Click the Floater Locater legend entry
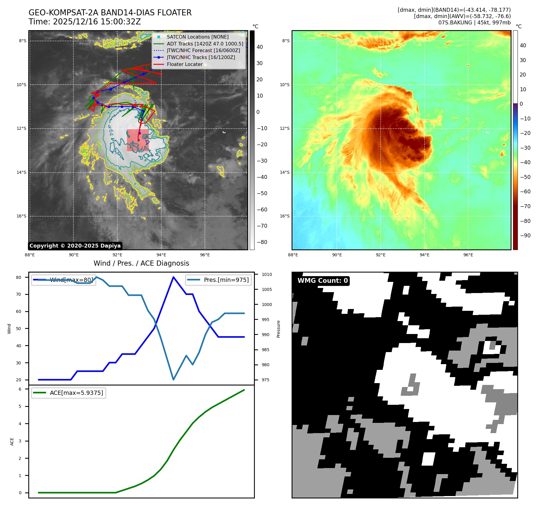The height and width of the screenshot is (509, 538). [184, 64]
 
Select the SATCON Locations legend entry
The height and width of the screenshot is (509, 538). [197, 37]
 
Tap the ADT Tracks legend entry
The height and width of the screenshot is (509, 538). [205, 44]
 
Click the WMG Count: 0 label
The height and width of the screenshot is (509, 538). [322, 281]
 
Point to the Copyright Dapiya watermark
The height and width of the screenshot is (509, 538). [75, 246]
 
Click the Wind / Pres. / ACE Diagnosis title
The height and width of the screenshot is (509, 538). [141, 263]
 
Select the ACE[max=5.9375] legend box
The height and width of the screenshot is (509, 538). [69, 393]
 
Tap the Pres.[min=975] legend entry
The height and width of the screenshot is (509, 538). [219, 280]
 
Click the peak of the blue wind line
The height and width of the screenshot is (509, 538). [173, 277]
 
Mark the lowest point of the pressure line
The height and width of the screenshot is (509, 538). [173, 379]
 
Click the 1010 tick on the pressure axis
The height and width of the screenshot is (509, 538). [267, 274]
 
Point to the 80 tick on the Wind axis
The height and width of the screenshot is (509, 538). [19, 277]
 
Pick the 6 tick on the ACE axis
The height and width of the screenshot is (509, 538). [20, 389]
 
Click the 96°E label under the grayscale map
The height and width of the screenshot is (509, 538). [205, 255]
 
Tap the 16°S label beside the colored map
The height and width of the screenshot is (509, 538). [285, 216]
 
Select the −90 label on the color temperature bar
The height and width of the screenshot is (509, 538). [525, 236]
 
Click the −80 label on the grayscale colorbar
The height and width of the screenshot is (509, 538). [262, 242]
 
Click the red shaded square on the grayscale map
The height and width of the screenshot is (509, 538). [138, 140]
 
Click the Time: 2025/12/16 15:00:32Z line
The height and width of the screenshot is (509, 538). [85, 22]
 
